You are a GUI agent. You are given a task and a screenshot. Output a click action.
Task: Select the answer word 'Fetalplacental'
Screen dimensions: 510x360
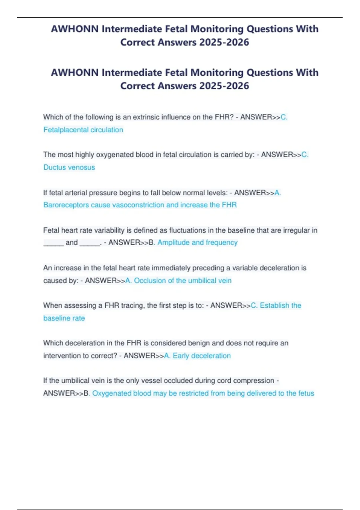pos(66,130)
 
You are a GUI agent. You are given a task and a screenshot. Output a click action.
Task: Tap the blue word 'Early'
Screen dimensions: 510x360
pos(181,356)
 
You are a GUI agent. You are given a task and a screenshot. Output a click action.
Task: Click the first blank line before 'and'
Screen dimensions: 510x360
pos(53,243)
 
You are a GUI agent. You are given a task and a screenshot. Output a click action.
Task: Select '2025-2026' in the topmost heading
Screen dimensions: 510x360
pos(224,42)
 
